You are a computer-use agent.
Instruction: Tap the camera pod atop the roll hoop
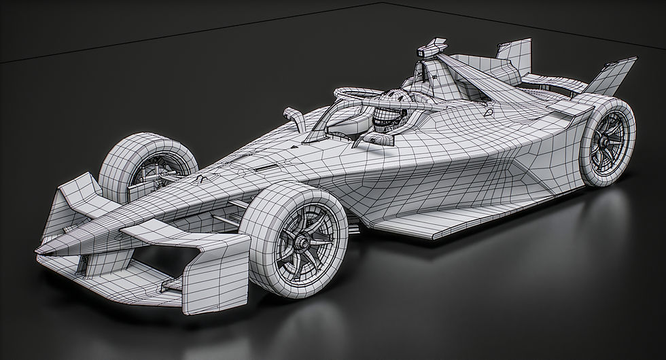(x=429, y=50)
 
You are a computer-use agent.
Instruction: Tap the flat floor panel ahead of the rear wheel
(x=435, y=221)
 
